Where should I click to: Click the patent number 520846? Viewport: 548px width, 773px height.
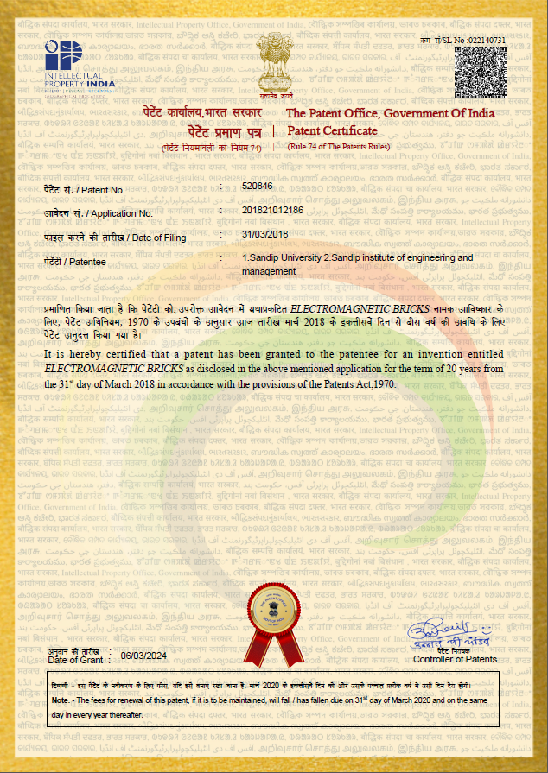pos(258,186)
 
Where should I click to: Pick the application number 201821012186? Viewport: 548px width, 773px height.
pos(273,210)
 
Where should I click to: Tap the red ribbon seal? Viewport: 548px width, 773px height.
pos(272,620)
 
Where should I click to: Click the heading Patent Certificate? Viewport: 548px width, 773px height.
pos(332,131)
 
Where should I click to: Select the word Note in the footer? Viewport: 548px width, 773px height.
pos(60,700)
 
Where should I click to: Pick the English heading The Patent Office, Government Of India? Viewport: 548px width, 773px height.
pos(390,114)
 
